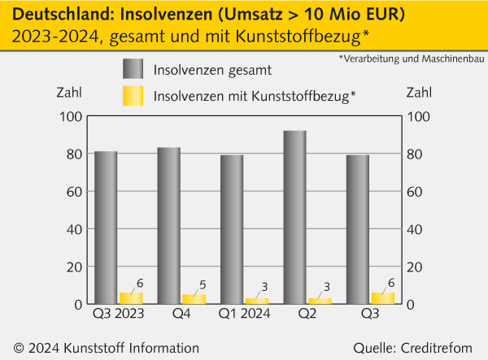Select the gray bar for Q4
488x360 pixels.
click(168, 225)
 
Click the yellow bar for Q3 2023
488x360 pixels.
click(131, 297)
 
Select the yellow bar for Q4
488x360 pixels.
click(194, 298)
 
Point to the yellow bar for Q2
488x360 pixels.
click(320, 301)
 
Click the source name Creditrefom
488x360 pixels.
click(439, 348)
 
